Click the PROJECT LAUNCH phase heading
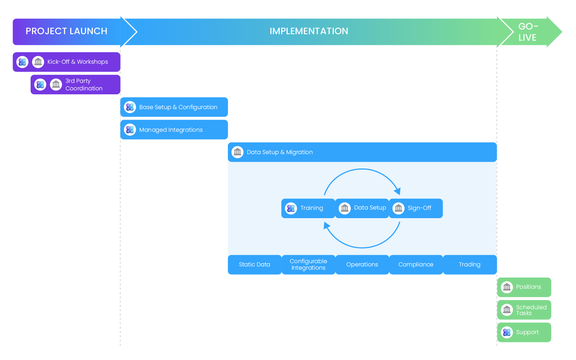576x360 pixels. pos(66,31)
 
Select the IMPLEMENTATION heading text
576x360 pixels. pos(309,31)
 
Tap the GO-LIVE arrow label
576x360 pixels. pos(528,32)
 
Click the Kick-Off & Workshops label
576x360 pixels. pos(77,62)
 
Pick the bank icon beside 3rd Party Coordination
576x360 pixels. pos(56,85)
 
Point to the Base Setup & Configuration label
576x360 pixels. pos(178,107)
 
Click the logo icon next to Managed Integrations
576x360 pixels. pos(130,130)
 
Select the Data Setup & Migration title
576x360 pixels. pos(280,152)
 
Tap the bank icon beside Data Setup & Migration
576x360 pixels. pos(238,152)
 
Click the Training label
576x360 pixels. pos(312,208)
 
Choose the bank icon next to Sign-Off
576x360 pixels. pos(399,208)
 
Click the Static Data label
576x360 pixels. pos(255,265)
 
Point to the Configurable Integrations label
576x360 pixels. pos(309,265)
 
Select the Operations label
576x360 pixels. pos(362,265)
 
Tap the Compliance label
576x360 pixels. pos(416,265)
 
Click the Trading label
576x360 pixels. pos(469,265)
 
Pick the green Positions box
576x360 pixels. pos(524,287)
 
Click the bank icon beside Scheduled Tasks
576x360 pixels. pos(507,310)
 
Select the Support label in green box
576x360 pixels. pos(527,332)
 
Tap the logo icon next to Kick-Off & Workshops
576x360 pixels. pos(22,62)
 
